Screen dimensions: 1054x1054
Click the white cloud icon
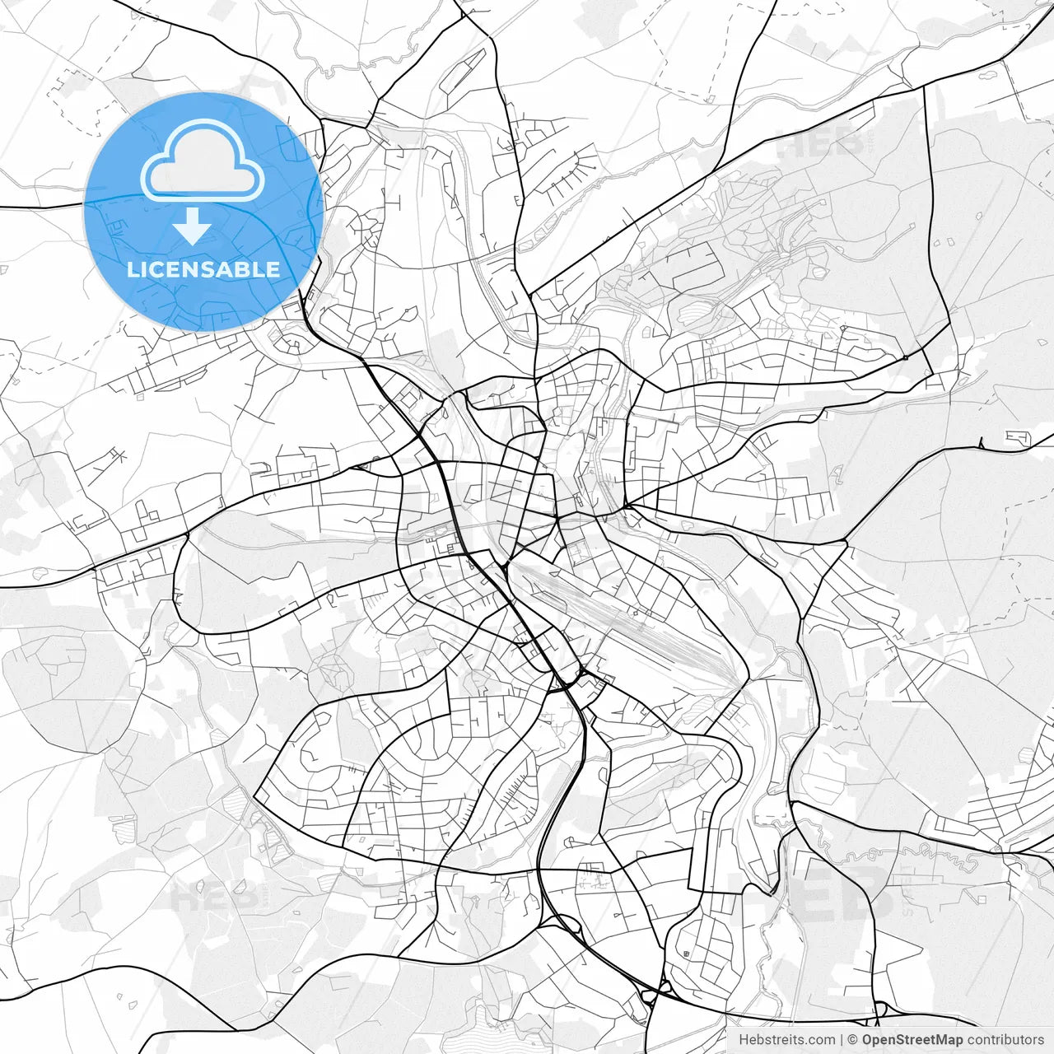click(203, 161)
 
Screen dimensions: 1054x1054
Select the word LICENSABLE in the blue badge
click(203, 269)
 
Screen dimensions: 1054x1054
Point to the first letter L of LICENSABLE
click(133, 269)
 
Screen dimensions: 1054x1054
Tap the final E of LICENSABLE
click(273, 269)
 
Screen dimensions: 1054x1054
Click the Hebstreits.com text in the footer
click(786, 1040)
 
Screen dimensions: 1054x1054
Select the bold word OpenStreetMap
click(912, 1040)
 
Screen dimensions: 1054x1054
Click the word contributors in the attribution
click(1005, 1040)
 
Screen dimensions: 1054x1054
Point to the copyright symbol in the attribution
click(853, 1040)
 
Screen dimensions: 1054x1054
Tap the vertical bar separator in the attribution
click(841, 1040)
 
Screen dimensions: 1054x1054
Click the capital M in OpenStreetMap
click(938, 1040)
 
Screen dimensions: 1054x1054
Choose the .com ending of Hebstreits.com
click(820, 1040)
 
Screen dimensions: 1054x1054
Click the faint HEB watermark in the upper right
click(819, 147)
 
